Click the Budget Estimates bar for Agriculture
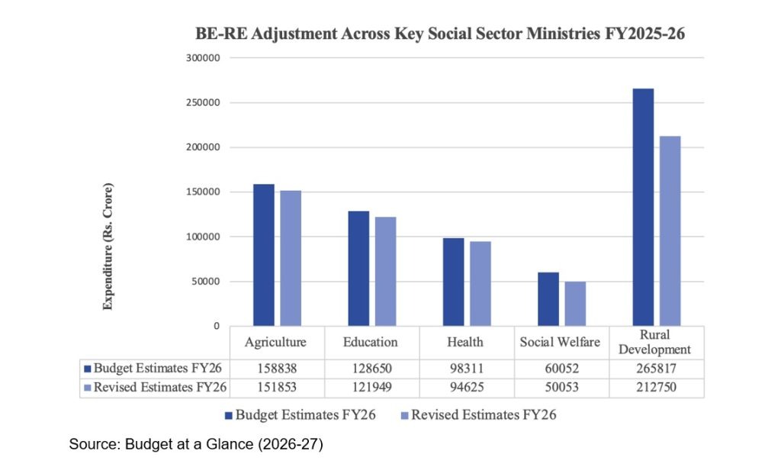point(263,255)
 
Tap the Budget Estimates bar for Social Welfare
point(548,299)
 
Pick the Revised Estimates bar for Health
point(480,284)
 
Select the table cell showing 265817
point(656,369)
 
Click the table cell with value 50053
point(561,388)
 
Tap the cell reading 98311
point(466,369)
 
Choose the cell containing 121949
point(371,388)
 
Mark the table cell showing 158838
point(276,369)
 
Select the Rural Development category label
point(656,342)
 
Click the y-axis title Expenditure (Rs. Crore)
point(108,246)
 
